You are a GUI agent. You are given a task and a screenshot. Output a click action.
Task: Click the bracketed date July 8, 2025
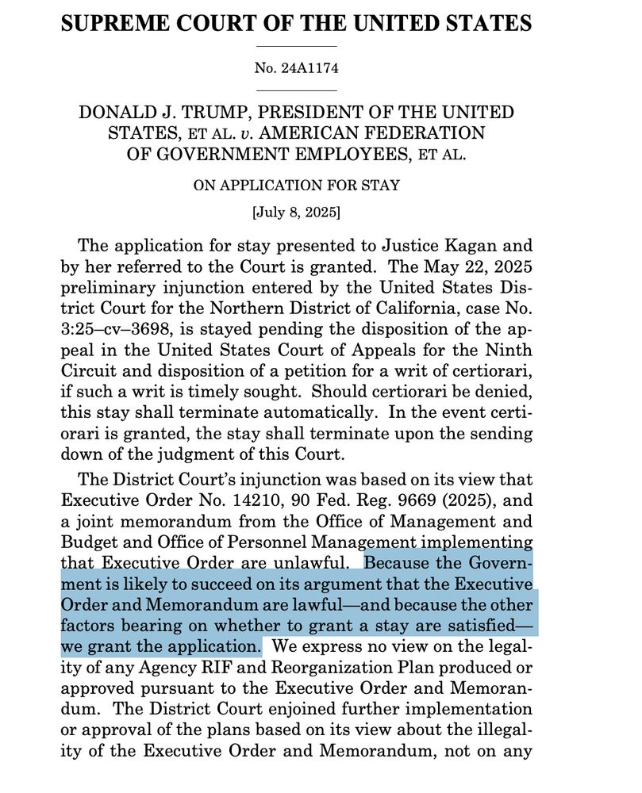point(297,213)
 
